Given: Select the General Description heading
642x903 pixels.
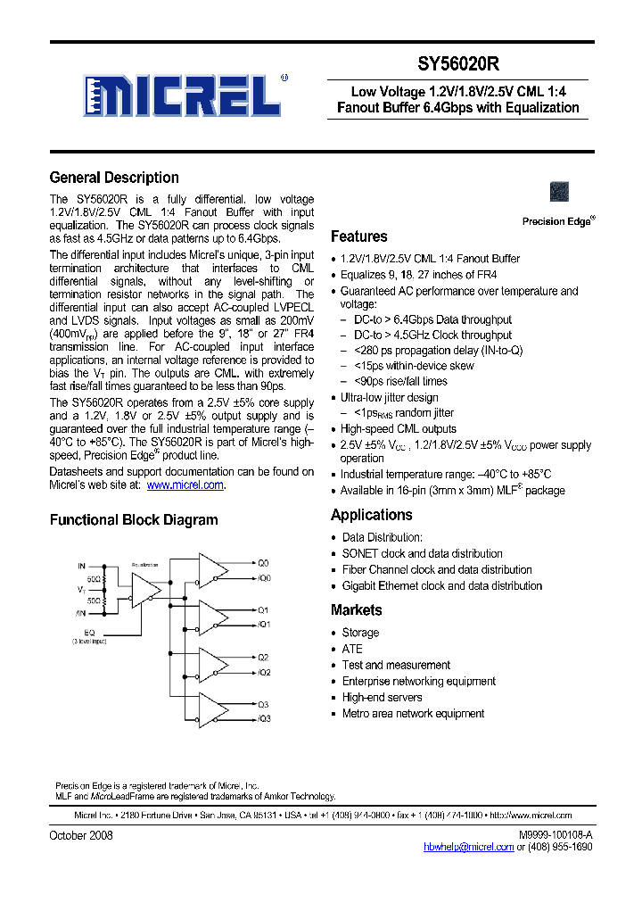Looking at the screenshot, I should pos(114,178).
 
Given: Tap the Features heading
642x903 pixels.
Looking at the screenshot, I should pos(358,236).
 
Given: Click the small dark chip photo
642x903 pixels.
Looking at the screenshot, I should pos(560,192).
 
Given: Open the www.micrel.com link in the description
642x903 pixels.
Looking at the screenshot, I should pos(185,485).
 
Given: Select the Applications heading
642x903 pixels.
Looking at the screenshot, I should pos(371,515).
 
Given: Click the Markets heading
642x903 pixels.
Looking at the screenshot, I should pos(356,610).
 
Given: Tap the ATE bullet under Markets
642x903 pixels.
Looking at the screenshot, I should pos(352,649).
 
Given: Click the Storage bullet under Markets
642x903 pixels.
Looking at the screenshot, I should pos(360,633).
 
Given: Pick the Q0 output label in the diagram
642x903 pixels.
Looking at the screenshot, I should pos(263,564).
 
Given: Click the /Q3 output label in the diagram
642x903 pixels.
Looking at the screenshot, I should pos(263,719).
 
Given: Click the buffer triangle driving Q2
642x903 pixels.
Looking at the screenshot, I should pos(212,665).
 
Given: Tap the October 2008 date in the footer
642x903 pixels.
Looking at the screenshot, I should pos(81,835).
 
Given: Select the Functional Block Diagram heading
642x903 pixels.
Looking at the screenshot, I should pos(133,520).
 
